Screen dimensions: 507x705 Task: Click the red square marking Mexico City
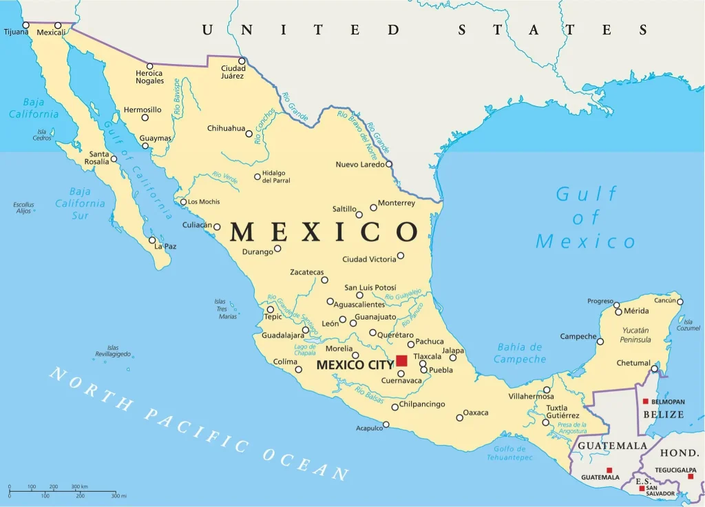pyautogui.click(x=401, y=360)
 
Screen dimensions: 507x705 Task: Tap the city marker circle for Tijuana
pyautogui.click(x=25, y=25)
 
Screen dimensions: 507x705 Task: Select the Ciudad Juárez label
pyautogui.click(x=233, y=72)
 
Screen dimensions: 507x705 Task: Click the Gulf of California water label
pyautogui.click(x=138, y=169)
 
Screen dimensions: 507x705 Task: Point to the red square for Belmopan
pyautogui.click(x=645, y=402)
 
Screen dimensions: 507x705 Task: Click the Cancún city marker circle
pyautogui.click(x=680, y=301)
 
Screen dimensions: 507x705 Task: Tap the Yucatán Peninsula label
pyautogui.click(x=635, y=335)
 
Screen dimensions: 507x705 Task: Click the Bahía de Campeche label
pyautogui.click(x=520, y=353)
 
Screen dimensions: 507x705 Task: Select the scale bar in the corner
pyautogui.click(x=62, y=491)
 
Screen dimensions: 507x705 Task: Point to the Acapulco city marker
pyautogui.click(x=386, y=424)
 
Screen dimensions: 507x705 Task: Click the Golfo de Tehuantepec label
pyautogui.click(x=509, y=453)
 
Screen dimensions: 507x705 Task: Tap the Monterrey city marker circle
pyautogui.click(x=373, y=207)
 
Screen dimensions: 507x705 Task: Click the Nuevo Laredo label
pyautogui.click(x=359, y=165)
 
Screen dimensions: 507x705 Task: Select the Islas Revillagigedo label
pyautogui.click(x=113, y=351)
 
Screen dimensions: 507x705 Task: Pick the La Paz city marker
pyautogui.click(x=152, y=240)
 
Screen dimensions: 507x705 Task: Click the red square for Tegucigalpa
pyautogui.click(x=691, y=476)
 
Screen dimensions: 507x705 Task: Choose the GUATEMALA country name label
pyautogui.click(x=612, y=446)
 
